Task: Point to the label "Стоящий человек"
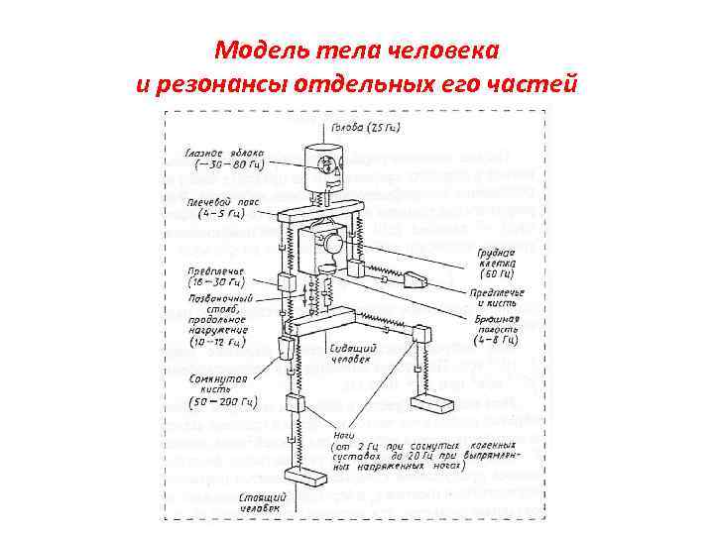tap(264, 500)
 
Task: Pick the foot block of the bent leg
tap(432, 404)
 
